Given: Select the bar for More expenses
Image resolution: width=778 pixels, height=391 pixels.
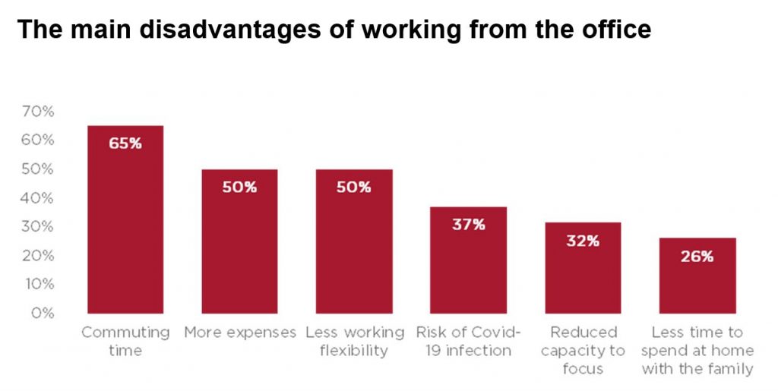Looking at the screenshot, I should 239,251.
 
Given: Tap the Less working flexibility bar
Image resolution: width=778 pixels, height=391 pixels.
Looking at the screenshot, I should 354,251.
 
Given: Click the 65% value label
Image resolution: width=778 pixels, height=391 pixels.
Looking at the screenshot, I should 125,143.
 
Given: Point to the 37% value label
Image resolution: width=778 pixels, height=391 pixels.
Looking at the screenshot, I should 468,225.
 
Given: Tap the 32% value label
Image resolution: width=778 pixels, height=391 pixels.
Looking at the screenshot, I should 583,241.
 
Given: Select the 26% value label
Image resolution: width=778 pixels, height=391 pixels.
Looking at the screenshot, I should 697,257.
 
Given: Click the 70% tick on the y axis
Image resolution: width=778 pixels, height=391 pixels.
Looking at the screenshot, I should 39,112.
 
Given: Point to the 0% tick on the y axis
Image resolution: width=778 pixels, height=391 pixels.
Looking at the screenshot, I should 43,313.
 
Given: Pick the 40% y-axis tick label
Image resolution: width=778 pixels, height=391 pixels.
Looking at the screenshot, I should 39,198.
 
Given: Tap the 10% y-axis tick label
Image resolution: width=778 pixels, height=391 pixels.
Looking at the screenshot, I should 39,284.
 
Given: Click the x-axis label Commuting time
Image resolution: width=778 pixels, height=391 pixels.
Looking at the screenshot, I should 125,341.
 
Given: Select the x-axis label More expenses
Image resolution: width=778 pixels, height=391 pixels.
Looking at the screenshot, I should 240,333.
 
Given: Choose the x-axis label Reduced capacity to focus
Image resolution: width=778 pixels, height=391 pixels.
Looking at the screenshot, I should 583,350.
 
